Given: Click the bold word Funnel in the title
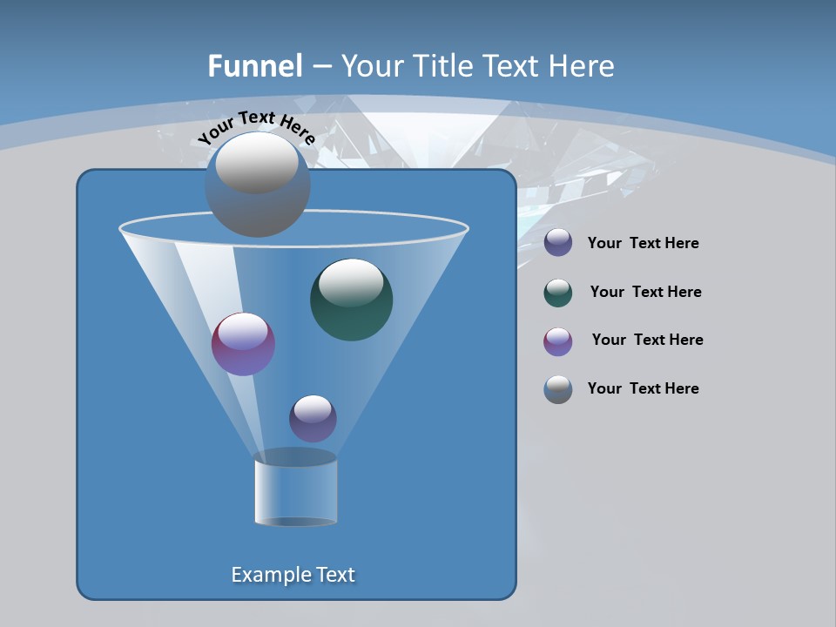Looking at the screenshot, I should pyautogui.click(x=254, y=66).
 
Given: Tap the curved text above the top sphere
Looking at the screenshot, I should pyautogui.click(x=256, y=127).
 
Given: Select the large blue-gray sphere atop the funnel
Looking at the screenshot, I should pyautogui.click(x=257, y=185).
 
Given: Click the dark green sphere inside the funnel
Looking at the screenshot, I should pyautogui.click(x=351, y=300).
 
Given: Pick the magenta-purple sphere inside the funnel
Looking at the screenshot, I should pyautogui.click(x=243, y=344).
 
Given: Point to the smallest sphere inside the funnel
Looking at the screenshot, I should pyautogui.click(x=313, y=418).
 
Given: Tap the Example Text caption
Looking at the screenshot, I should pyautogui.click(x=293, y=575).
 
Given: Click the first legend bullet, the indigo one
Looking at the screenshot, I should pyautogui.click(x=558, y=243).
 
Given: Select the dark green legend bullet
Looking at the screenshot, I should pyautogui.click(x=558, y=293).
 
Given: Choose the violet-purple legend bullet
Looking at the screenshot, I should pyautogui.click(x=558, y=341).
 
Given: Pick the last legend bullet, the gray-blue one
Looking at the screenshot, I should pyautogui.click(x=558, y=389).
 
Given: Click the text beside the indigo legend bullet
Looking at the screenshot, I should pyautogui.click(x=643, y=244).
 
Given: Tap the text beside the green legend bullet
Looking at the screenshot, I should pyautogui.click(x=645, y=293).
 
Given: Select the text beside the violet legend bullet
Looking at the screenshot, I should pyautogui.click(x=647, y=340).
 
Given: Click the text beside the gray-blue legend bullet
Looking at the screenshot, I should pyautogui.click(x=643, y=389).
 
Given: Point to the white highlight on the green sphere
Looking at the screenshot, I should pyautogui.click(x=351, y=282).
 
